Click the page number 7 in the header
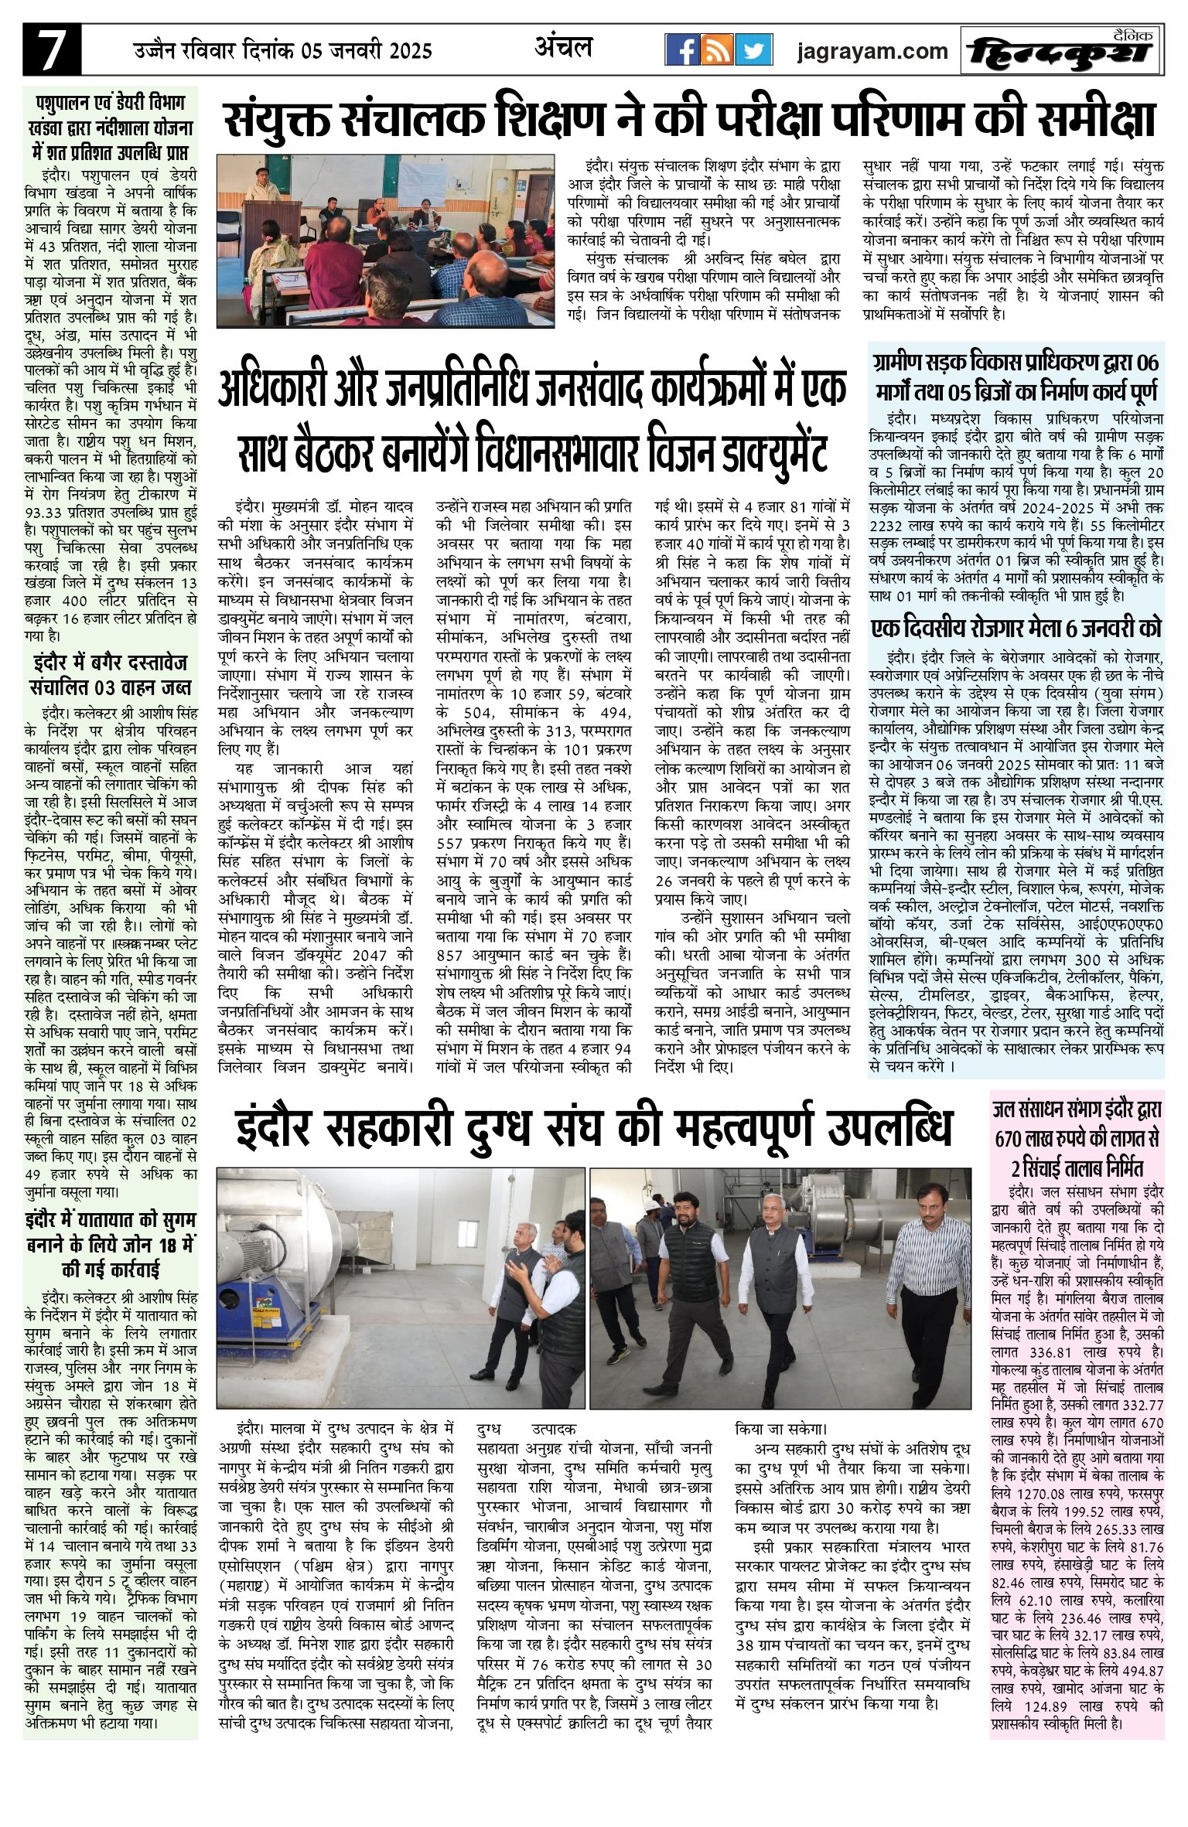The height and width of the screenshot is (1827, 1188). (x=52, y=52)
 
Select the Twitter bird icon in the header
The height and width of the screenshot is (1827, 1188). (x=753, y=52)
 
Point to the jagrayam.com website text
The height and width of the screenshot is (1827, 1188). (x=872, y=52)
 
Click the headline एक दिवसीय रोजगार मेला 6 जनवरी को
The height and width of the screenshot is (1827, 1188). (x=1016, y=629)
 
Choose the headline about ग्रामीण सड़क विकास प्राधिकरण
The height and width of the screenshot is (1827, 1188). (x=1016, y=377)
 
